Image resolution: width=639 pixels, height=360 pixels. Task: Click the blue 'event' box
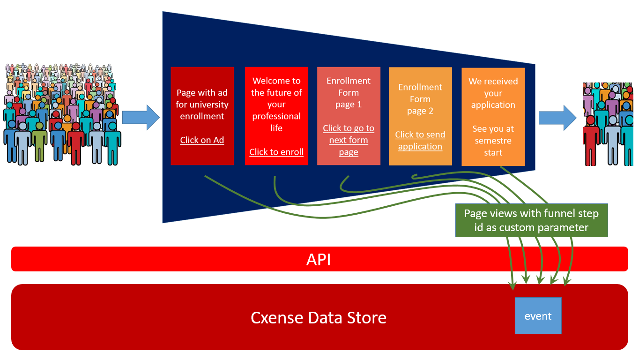pyautogui.click(x=538, y=315)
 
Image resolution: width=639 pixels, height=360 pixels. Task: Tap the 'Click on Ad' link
pyautogui.click(x=202, y=140)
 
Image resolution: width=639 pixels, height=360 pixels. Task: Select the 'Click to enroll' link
pyautogui.click(x=276, y=152)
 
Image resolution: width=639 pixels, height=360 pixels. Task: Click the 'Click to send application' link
pyautogui.click(x=420, y=141)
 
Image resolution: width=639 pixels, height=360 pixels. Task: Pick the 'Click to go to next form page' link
pyautogui.click(x=349, y=140)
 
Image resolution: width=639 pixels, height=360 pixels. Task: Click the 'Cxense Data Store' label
pyautogui.click(x=319, y=318)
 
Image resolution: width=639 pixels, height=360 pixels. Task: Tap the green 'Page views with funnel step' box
pyautogui.click(x=531, y=220)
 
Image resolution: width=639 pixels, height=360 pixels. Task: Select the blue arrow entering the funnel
pyautogui.click(x=141, y=117)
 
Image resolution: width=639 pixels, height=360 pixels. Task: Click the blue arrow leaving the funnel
pyautogui.click(x=557, y=118)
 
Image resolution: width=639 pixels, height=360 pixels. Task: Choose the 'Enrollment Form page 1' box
pyautogui.click(x=349, y=116)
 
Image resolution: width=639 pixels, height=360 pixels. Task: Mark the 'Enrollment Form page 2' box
pyautogui.click(x=420, y=116)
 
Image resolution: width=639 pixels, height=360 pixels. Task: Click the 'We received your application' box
pyautogui.click(x=493, y=117)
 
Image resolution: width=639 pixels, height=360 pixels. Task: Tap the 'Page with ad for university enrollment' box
pyautogui.click(x=202, y=116)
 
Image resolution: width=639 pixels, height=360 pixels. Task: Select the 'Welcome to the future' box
pyautogui.click(x=276, y=116)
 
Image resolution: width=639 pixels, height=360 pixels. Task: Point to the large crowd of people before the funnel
pyautogui.click(x=62, y=114)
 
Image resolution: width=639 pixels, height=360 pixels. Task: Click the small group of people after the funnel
pyautogui.click(x=608, y=124)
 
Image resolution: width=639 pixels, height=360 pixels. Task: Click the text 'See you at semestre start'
pyautogui.click(x=493, y=141)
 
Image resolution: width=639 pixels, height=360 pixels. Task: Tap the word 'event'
pyautogui.click(x=538, y=316)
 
